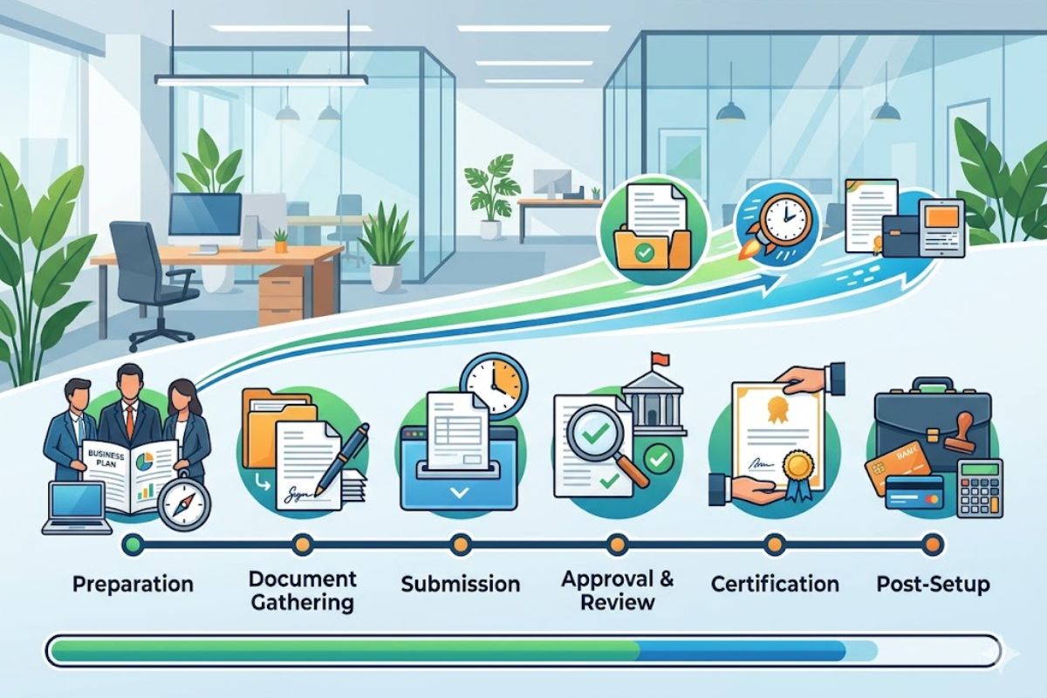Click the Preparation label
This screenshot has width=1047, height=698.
click(x=133, y=584)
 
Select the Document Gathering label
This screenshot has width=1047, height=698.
click(x=302, y=590)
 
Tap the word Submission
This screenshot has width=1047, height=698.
click(x=460, y=584)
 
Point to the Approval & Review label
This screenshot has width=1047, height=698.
click(x=618, y=590)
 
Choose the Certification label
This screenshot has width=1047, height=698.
click(x=775, y=584)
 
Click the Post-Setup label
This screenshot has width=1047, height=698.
click(x=933, y=584)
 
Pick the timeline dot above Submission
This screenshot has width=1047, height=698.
click(x=460, y=545)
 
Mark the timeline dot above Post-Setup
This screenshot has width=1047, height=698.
click(x=933, y=545)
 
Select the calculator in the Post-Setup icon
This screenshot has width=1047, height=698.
click(x=981, y=489)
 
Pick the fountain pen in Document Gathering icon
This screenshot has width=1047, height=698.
click(x=347, y=454)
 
